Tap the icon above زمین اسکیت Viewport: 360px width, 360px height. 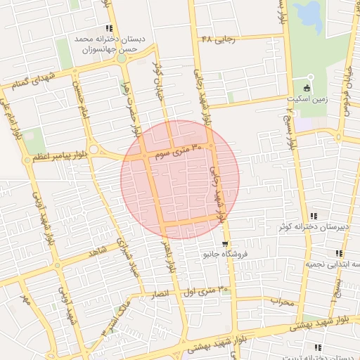pos(306,87)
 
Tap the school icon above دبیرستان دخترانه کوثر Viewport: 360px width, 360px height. pos(314,216)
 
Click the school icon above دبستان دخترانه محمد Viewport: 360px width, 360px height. pos(107,27)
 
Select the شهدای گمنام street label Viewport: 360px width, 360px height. pos(33,81)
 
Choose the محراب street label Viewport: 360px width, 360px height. pos(281,301)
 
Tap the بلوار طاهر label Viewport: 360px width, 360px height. pos(169,257)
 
